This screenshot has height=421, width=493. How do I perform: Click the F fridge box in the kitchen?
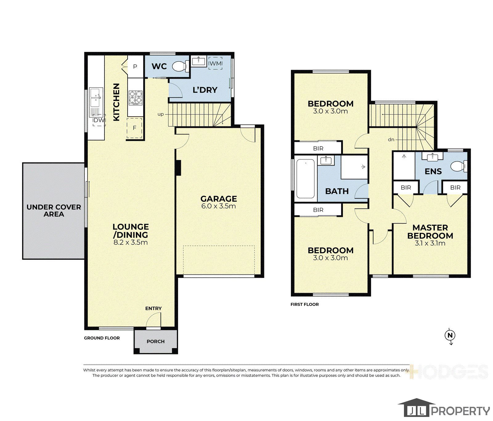pyautogui.click(x=134, y=128)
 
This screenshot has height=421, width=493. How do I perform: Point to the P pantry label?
pyautogui.click(x=135, y=67)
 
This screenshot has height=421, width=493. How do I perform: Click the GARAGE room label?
pyautogui.click(x=219, y=199)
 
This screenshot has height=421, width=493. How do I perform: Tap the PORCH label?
pyautogui.click(x=156, y=341)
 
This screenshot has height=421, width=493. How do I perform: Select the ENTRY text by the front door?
pyautogui.click(x=153, y=308)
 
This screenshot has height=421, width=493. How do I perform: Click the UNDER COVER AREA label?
pyautogui.click(x=54, y=211)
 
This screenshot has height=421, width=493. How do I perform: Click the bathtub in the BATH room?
pyautogui.click(x=306, y=179)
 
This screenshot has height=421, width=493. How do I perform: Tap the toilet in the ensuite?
pyautogui.click(x=459, y=167)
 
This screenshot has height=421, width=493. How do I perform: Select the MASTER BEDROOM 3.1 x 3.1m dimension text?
pyautogui.click(x=430, y=243)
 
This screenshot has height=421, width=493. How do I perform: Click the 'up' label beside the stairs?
pyautogui.click(x=161, y=114)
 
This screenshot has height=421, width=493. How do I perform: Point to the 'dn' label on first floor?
pyautogui.click(x=391, y=139)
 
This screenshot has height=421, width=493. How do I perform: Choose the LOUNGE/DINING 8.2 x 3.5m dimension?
pyautogui.click(x=131, y=242)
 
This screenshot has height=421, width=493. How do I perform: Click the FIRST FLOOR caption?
pyautogui.click(x=305, y=304)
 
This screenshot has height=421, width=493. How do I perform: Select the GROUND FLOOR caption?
pyautogui.click(x=102, y=338)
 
